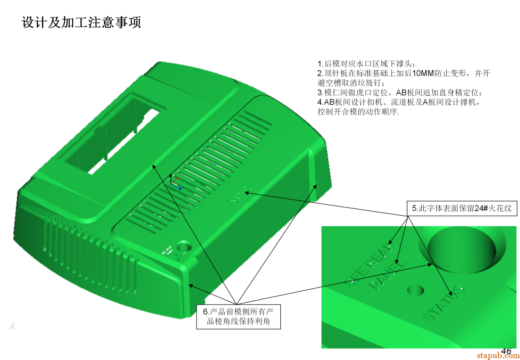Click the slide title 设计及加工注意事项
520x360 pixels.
81,23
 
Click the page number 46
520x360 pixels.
506,351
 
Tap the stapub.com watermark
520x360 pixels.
498,356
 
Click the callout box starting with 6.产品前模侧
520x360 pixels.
238,316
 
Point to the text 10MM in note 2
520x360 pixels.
423,73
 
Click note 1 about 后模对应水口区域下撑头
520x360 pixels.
365,64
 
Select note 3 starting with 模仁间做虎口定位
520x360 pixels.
399,92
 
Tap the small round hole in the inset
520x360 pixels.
416,290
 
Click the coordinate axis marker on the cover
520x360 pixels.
174,181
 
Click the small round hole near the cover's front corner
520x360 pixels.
183,247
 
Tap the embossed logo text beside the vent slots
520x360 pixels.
237,196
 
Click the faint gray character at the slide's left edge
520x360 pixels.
12,326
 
